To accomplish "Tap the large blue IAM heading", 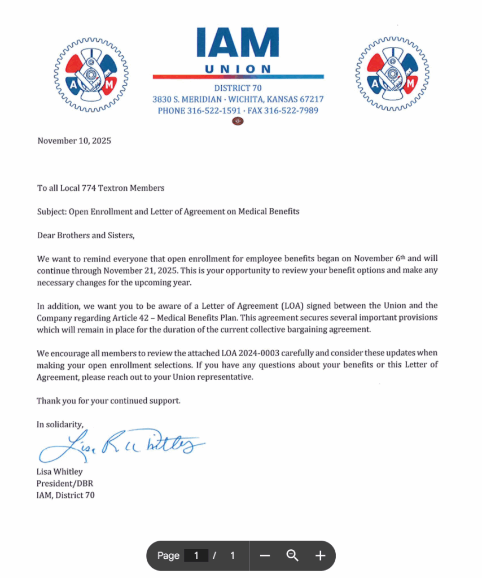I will coord(238,44).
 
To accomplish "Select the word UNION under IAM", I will coord(238,69).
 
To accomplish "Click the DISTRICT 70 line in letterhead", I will coord(238,88).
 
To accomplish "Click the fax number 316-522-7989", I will coord(291,111).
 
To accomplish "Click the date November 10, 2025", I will coord(74,141).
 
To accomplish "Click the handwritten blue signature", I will coord(121,446).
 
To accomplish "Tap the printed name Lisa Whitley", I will coord(59,472).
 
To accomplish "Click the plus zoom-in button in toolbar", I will coord(320,556).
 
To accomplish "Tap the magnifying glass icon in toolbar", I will coord(292,555).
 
